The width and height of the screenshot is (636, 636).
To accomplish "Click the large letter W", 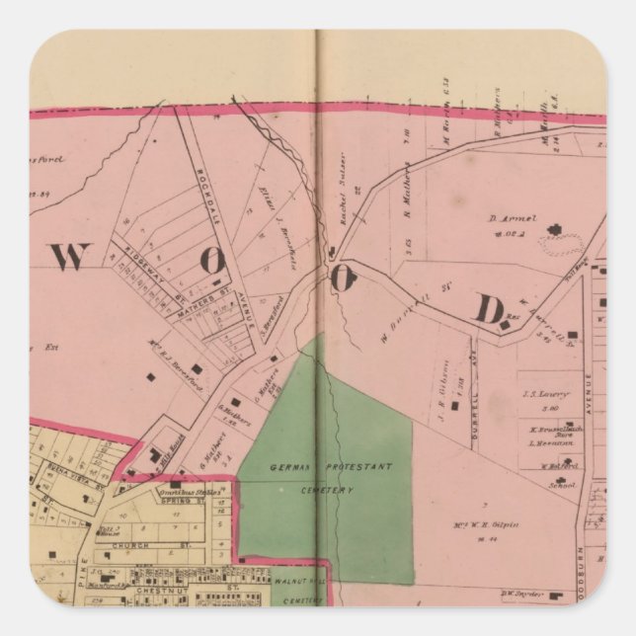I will click(x=70, y=257).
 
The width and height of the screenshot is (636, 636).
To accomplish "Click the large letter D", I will click(x=488, y=309).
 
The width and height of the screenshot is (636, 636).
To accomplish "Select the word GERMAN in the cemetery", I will click(x=292, y=466).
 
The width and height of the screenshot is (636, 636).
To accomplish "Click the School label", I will click(x=564, y=485).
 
